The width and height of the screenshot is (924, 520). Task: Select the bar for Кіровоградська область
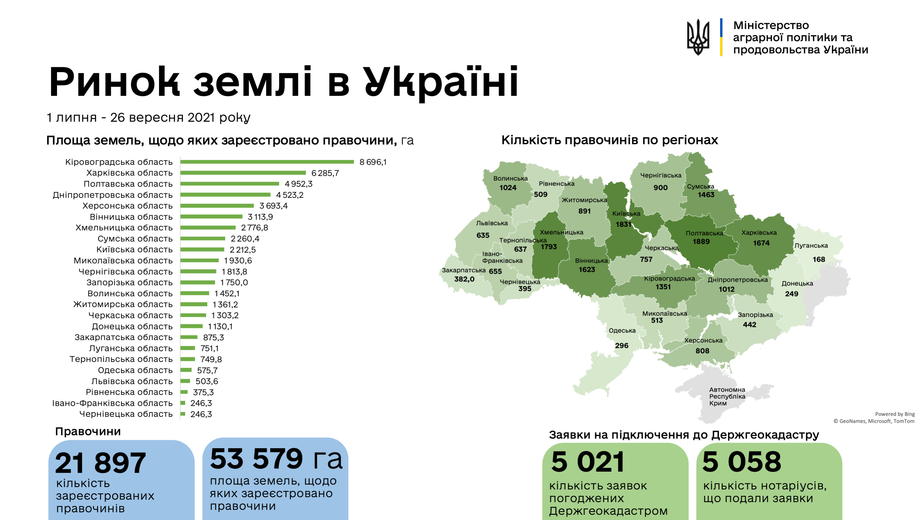[x=267, y=162]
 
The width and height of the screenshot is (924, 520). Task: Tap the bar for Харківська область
[x=243, y=173]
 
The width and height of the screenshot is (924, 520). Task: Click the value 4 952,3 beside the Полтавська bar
[x=299, y=184]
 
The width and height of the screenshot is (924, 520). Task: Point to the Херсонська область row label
[x=127, y=206]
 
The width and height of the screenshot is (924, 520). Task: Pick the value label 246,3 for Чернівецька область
[x=201, y=415]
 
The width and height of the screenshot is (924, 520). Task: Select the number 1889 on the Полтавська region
[x=701, y=242]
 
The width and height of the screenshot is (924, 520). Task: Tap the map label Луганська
[x=811, y=245]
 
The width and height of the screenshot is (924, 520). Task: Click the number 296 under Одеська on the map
[x=622, y=346]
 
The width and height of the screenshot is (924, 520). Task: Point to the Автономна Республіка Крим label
[x=727, y=396]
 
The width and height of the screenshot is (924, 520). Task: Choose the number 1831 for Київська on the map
[x=623, y=224]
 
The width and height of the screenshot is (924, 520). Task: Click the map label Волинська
[x=511, y=178]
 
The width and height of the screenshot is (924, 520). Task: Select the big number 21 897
[x=100, y=463]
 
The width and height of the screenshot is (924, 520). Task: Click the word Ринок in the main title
[x=114, y=83]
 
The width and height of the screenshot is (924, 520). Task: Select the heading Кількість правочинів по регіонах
[x=609, y=140]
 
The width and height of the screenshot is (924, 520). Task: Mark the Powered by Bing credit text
[x=895, y=414]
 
